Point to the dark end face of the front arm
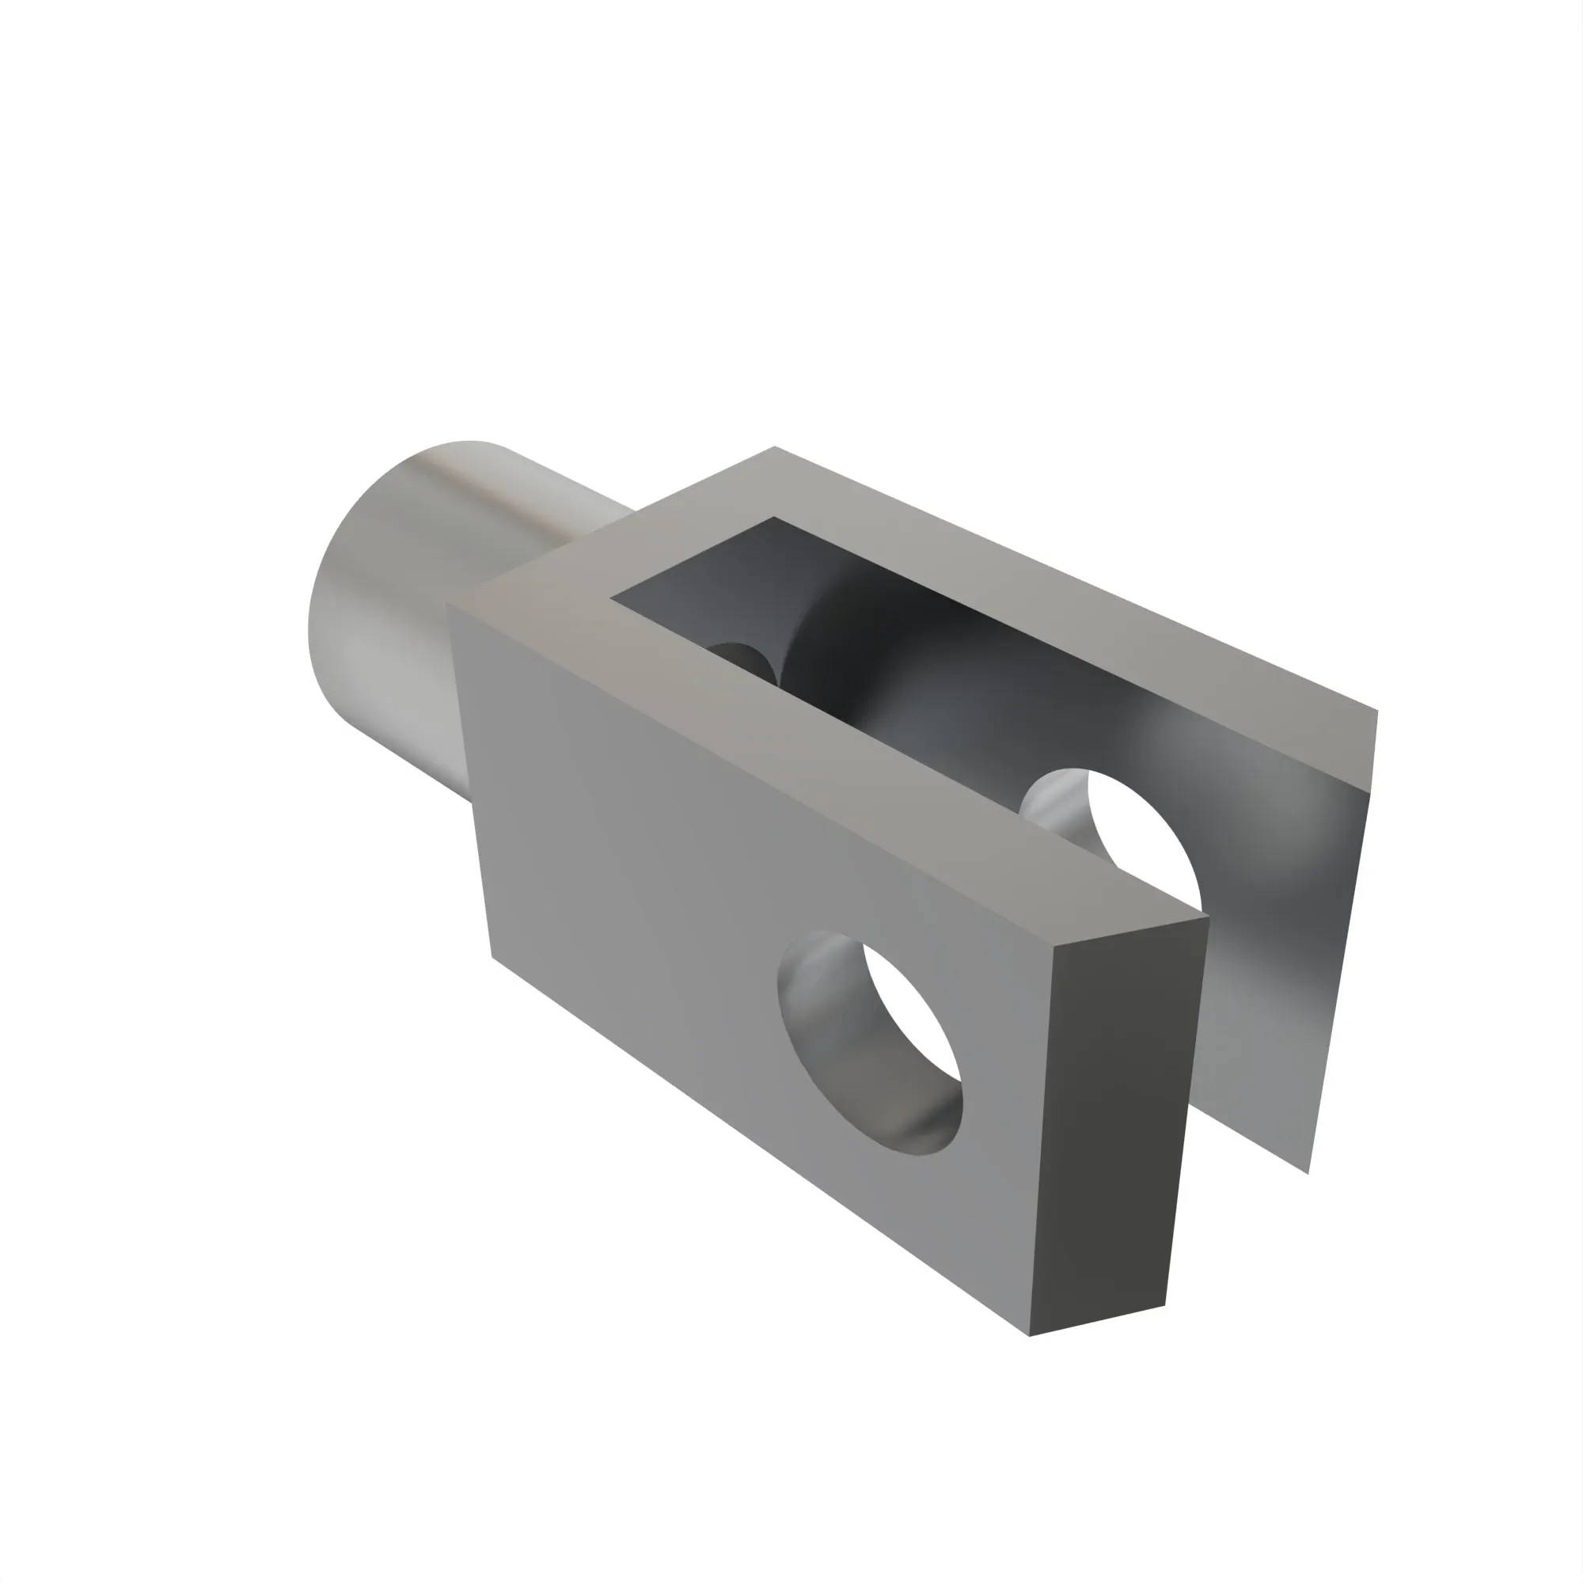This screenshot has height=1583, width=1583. pos(1114,1122)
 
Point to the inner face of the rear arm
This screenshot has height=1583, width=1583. pos(1278,942)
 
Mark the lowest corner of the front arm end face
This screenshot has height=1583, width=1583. pos(1030,1335)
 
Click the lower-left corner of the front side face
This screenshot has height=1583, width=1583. pos(492,956)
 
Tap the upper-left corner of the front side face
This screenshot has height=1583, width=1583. pos(447,605)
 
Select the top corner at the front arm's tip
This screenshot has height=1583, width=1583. pos(1209,917)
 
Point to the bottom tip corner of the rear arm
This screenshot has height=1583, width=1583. pos(1308,1172)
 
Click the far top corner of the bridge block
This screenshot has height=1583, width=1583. pos(774,447)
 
